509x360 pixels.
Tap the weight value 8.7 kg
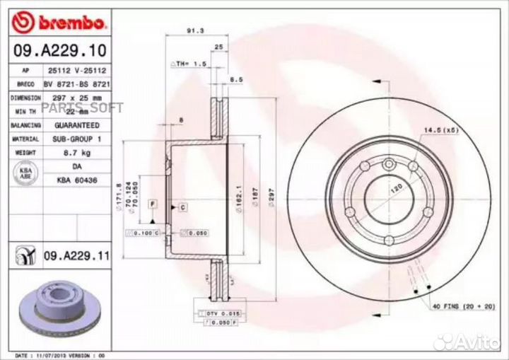(78, 152)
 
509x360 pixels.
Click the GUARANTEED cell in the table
(78, 125)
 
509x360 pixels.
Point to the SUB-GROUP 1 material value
(78, 139)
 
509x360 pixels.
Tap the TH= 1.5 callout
(189, 64)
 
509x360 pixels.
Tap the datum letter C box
(182, 207)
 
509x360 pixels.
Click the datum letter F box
(151, 204)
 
